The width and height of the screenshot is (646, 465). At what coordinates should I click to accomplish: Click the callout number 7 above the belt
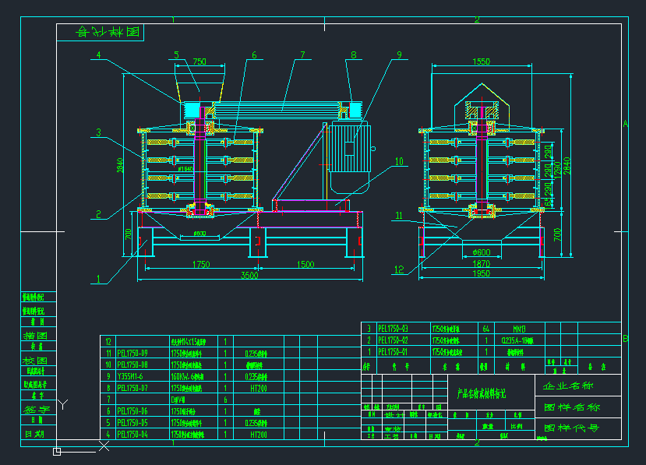302,55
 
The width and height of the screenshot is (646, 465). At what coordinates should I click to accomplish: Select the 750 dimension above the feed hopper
199,62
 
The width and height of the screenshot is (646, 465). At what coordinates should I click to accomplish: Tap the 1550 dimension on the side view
481,62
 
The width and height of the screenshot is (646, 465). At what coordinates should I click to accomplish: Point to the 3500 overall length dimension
249,275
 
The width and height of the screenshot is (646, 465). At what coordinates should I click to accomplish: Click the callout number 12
399,270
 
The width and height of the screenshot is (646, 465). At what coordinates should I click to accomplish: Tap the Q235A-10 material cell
516,340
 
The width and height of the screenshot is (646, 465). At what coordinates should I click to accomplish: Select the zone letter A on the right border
625,122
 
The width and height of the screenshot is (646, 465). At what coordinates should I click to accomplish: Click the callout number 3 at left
99,132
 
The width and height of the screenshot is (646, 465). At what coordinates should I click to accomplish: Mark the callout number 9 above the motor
399,55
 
